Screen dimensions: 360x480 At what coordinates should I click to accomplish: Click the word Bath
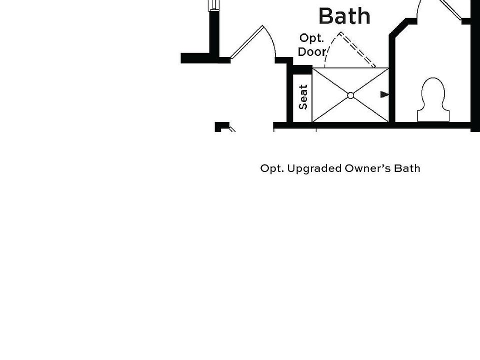pos(344,16)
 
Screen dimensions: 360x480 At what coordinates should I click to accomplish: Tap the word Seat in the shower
pos(303,97)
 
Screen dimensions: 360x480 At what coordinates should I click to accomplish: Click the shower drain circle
pos(350,95)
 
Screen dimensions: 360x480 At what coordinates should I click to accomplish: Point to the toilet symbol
pos(433,99)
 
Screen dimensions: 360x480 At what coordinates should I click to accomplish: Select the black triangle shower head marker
pos(384,94)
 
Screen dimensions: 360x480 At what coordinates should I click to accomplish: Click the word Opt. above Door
pos(311,38)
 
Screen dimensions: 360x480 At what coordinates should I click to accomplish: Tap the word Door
pos(312,51)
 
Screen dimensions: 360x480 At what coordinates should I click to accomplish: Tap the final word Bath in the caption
pos(407,168)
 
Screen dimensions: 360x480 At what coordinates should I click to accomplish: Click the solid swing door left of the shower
pos(248,42)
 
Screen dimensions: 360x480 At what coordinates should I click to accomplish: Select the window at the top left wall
pos(214,4)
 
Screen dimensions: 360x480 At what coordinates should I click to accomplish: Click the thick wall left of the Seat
pos(289,95)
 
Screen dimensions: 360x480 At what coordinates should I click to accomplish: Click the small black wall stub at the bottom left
pos(220,126)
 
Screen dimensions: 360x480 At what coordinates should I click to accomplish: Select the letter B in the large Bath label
pos(326,16)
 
